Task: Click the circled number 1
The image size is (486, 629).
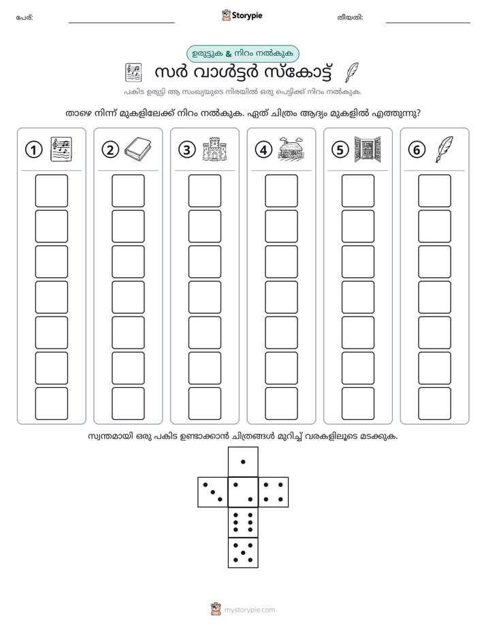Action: (33, 150)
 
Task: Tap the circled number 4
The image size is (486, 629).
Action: (263, 150)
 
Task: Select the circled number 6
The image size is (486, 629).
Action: (417, 150)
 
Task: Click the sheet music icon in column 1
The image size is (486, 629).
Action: (61, 149)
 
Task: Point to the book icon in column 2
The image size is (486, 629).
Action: (137, 149)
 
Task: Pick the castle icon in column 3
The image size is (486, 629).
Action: (214, 149)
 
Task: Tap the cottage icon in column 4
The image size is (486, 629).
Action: (291, 148)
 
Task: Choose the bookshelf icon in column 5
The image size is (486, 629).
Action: (368, 149)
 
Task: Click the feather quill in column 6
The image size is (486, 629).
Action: (444, 149)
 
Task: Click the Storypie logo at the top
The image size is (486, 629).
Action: (242, 16)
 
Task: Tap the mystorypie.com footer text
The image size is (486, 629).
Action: (249, 610)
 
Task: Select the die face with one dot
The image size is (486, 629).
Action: (243, 462)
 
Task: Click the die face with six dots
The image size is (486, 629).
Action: (243, 522)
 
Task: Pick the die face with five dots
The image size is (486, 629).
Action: (243, 552)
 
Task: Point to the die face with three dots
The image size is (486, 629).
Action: (213, 491)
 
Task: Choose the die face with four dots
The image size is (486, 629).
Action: (274, 491)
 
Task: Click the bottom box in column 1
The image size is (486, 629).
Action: (51, 404)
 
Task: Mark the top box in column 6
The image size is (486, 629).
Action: (434, 191)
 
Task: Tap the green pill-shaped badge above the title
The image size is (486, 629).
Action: (242, 54)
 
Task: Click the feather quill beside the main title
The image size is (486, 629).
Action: (352, 73)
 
